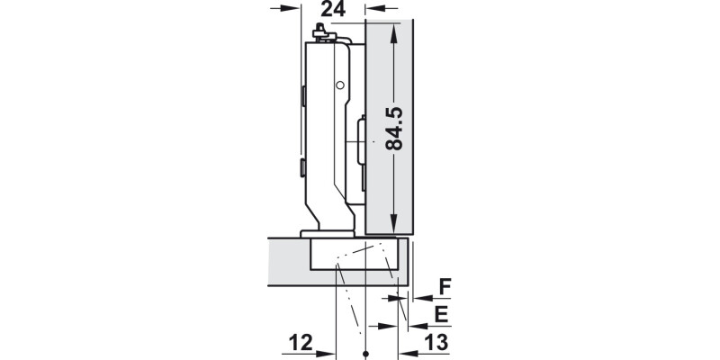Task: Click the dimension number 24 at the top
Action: click(x=333, y=11)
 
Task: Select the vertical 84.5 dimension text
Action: click(x=392, y=129)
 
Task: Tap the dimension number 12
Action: click(x=300, y=342)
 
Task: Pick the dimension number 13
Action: click(x=436, y=342)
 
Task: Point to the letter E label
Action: click(x=442, y=314)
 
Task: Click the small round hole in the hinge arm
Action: click(x=340, y=85)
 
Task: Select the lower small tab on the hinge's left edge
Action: click(x=304, y=166)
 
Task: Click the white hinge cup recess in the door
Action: click(x=353, y=256)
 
